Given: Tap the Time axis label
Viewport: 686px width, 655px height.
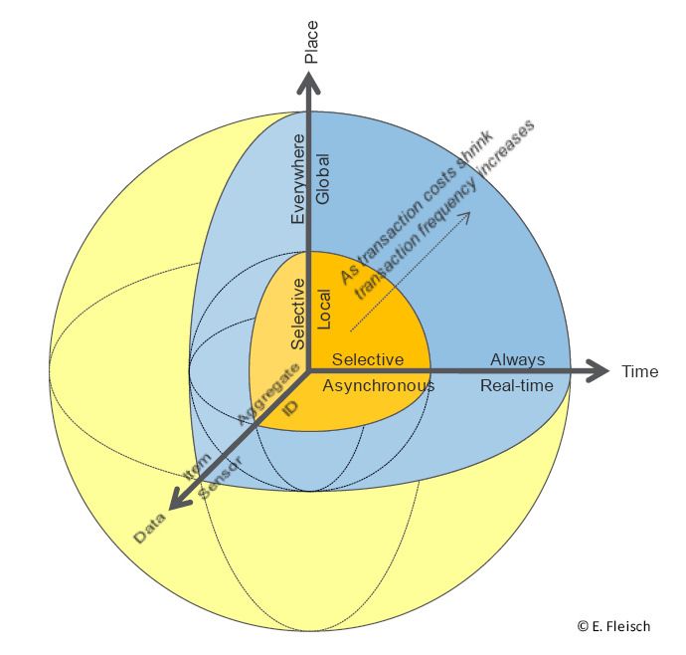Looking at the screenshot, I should [640, 371].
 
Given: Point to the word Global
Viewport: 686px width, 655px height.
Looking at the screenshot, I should [322, 180].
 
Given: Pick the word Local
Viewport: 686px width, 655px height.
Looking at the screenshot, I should [322, 310].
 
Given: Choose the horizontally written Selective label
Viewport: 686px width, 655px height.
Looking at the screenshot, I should [368, 359].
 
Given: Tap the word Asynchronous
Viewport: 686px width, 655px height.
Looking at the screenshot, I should [379, 385].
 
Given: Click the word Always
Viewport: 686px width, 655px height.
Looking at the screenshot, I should [518, 358].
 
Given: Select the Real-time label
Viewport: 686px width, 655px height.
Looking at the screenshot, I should [517, 385].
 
